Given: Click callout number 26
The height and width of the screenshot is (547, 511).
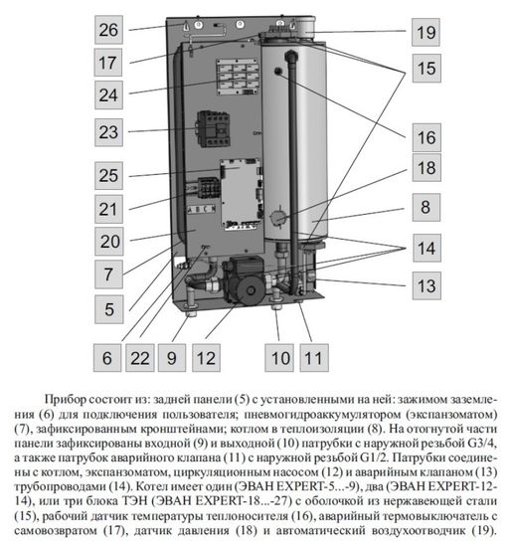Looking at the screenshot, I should point(108,30).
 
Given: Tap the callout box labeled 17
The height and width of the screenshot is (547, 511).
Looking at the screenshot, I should point(108,62).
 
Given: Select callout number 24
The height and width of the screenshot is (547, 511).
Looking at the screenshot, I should point(108,95).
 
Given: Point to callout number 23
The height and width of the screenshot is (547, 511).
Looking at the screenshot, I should point(108,132).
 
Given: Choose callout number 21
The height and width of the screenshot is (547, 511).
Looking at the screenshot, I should point(108,209).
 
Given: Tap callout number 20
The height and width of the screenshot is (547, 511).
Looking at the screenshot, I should point(108,242).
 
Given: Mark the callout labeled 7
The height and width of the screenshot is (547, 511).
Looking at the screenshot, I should point(108,272).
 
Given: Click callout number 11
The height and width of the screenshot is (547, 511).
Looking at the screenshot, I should point(313,356).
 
